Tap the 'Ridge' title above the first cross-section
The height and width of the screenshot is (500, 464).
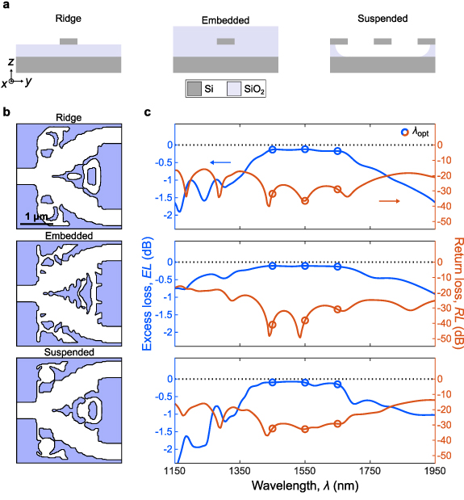point(68,18)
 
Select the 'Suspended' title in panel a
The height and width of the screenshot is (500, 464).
point(384,18)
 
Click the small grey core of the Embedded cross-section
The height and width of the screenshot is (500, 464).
point(227,41)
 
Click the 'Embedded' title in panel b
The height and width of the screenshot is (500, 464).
point(69,236)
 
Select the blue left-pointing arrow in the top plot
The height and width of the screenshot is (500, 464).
point(219,163)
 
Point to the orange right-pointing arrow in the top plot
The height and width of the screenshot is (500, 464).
point(389,200)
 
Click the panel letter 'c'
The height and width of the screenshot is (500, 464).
point(147,114)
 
